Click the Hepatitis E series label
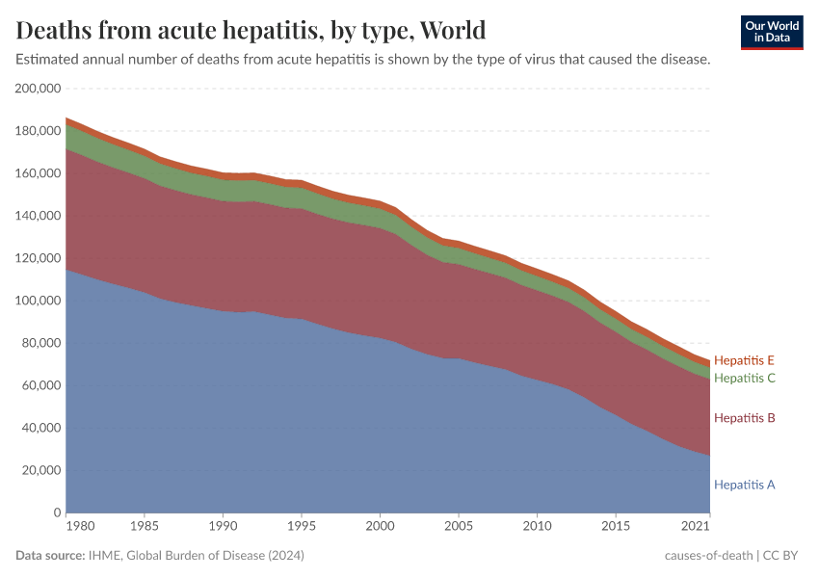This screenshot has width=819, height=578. [744, 360]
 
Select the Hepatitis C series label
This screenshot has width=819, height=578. [744, 378]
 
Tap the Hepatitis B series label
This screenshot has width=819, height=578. [744, 418]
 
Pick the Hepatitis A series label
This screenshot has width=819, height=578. [744, 485]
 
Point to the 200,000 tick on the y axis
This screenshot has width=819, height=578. [39, 89]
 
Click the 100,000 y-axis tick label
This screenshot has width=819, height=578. [39, 301]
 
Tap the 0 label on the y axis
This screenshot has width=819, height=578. [58, 512]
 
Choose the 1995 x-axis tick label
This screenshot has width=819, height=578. [303, 529]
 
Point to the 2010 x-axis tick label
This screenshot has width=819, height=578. [538, 529]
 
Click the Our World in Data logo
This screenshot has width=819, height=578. [772, 32]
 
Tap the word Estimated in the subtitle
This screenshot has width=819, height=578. [49, 60]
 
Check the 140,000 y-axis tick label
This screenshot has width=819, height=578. [39, 216]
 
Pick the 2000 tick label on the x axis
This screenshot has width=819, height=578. [381, 529]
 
